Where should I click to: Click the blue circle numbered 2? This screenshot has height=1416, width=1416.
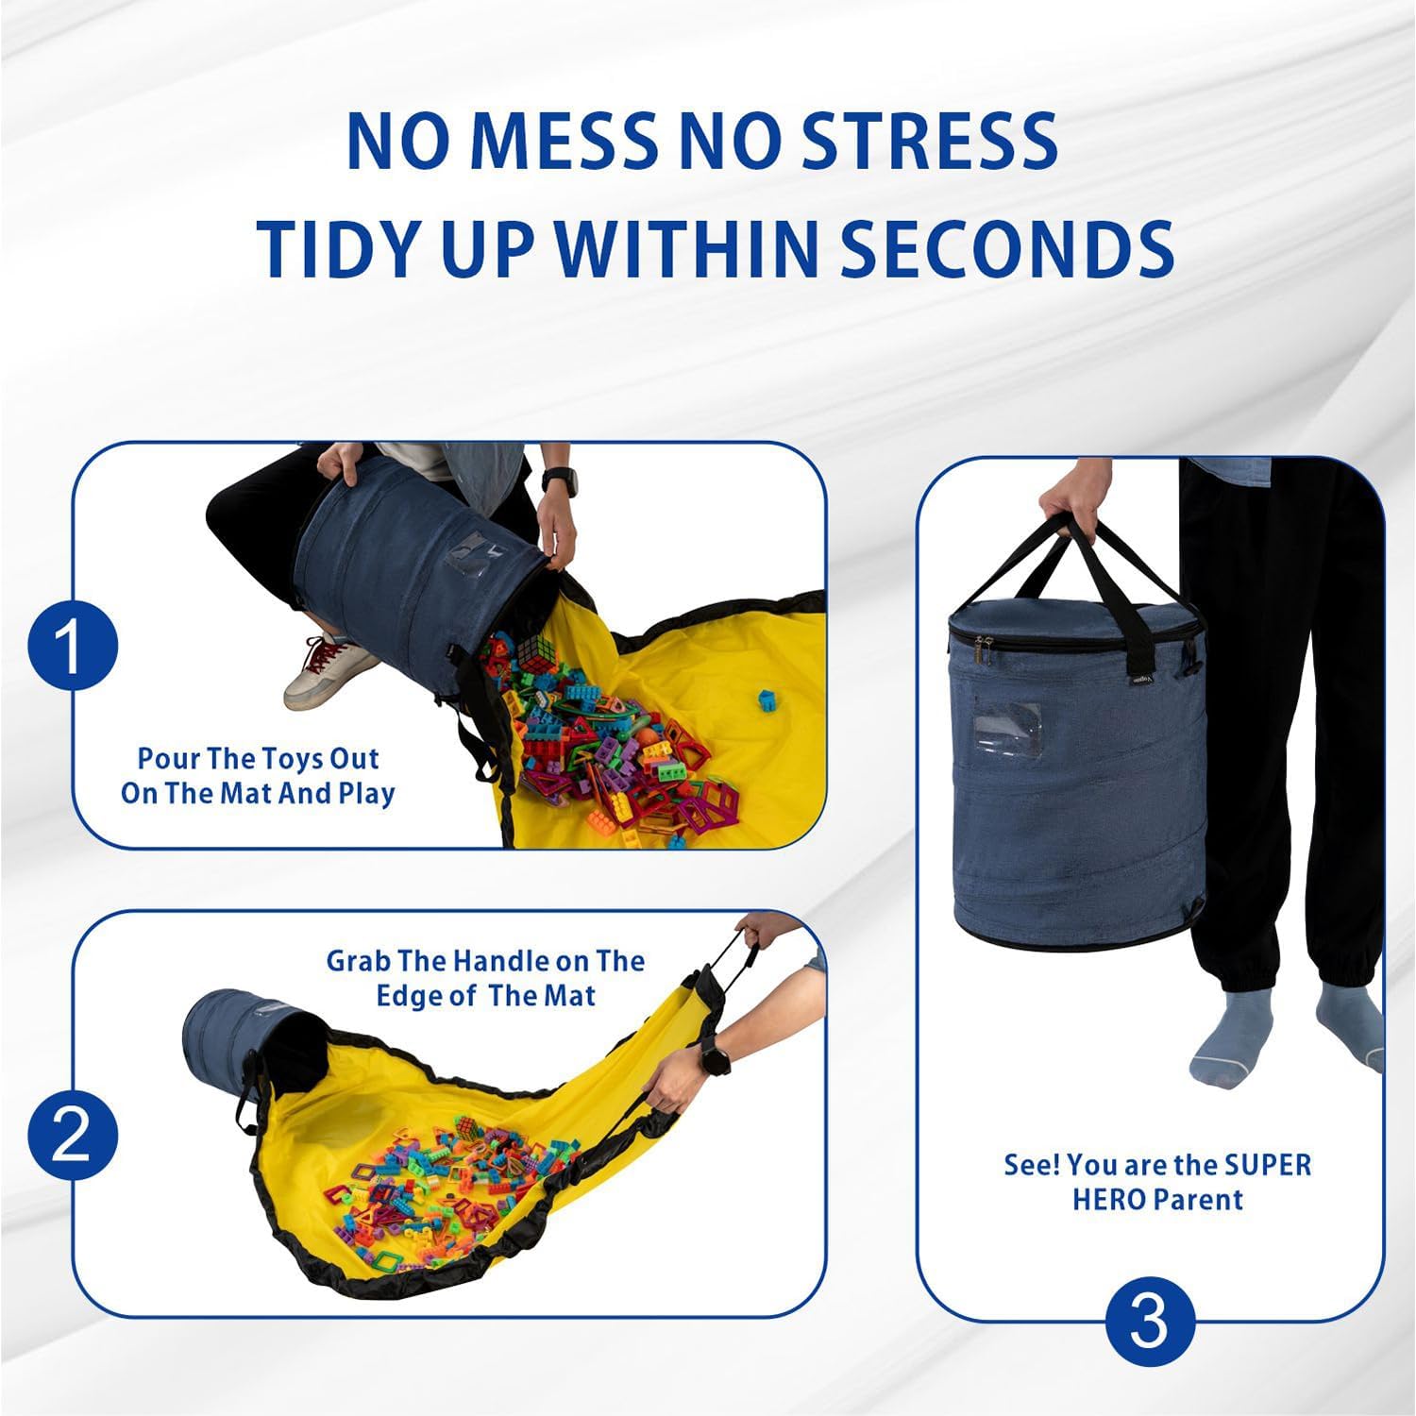click(x=73, y=1134)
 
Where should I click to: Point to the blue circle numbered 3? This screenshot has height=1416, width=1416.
click(x=1149, y=1322)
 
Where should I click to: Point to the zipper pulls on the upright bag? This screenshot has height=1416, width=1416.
click(x=984, y=648)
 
